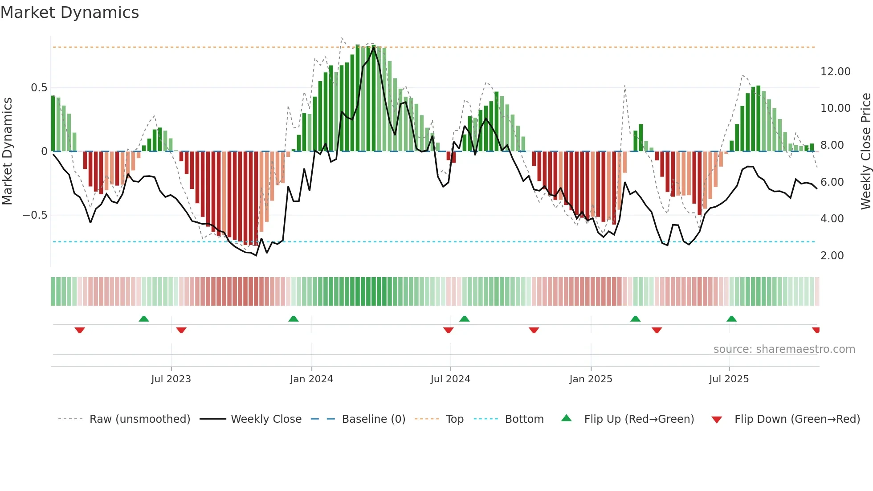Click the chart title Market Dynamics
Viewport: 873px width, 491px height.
[x=70, y=12]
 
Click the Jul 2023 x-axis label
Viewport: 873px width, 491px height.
[x=171, y=379]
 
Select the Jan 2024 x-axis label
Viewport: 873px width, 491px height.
[x=311, y=379]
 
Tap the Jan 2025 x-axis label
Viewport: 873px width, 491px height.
[x=591, y=379]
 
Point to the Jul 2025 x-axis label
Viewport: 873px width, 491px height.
[x=729, y=379]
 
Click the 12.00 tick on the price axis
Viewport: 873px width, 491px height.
[x=835, y=72]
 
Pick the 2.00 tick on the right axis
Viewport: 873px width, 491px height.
[x=832, y=256]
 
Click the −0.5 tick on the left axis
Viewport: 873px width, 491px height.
[x=35, y=215]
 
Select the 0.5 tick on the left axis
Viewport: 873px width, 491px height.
[x=39, y=88]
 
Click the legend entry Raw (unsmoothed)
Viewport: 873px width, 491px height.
[x=139, y=419]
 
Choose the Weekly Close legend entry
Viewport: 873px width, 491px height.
[x=266, y=419]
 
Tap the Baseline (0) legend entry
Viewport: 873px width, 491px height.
[x=373, y=419]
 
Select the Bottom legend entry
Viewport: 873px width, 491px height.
[x=524, y=419]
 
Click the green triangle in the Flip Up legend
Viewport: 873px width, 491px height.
[x=566, y=418]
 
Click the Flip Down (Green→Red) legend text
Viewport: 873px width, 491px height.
[x=797, y=419]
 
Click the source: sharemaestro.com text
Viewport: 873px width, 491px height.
[x=784, y=349]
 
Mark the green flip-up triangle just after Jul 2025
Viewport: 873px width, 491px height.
[x=731, y=319]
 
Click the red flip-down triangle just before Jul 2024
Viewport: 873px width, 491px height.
[x=448, y=330]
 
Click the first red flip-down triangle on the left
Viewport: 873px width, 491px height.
[x=80, y=330]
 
